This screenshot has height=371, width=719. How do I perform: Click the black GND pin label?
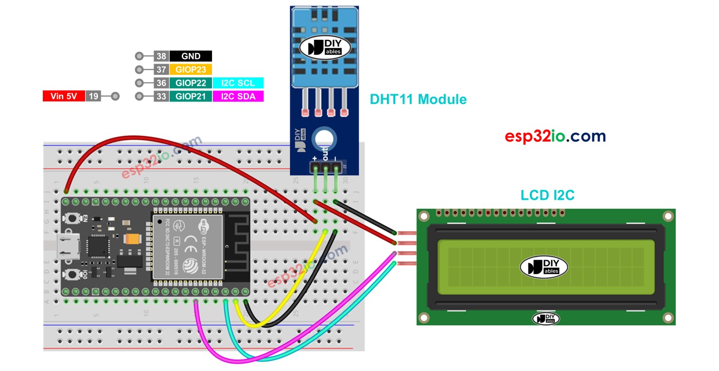(x=191, y=56)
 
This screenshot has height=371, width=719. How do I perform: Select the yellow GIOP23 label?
(x=191, y=70)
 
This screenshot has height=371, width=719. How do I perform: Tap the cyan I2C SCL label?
(x=238, y=83)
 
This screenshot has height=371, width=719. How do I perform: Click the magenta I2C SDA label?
(x=238, y=96)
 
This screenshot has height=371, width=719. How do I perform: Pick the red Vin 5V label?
(x=64, y=96)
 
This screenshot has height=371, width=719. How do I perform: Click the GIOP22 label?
(x=191, y=83)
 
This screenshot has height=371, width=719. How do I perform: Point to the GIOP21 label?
(x=191, y=96)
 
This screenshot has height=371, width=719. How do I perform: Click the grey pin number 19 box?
(x=93, y=96)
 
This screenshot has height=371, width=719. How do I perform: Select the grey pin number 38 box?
(x=161, y=56)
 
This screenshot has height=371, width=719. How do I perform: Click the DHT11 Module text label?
(x=418, y=99)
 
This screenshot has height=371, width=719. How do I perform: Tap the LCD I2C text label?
(x=547, y=195)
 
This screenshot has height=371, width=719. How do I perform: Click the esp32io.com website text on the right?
(x=555, y=136)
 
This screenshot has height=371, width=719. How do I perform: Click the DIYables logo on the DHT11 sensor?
(x=324, y=47)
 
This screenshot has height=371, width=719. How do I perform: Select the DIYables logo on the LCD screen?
(x=544, y=267)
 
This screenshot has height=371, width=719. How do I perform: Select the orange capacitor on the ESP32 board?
(x=132, y=239)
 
